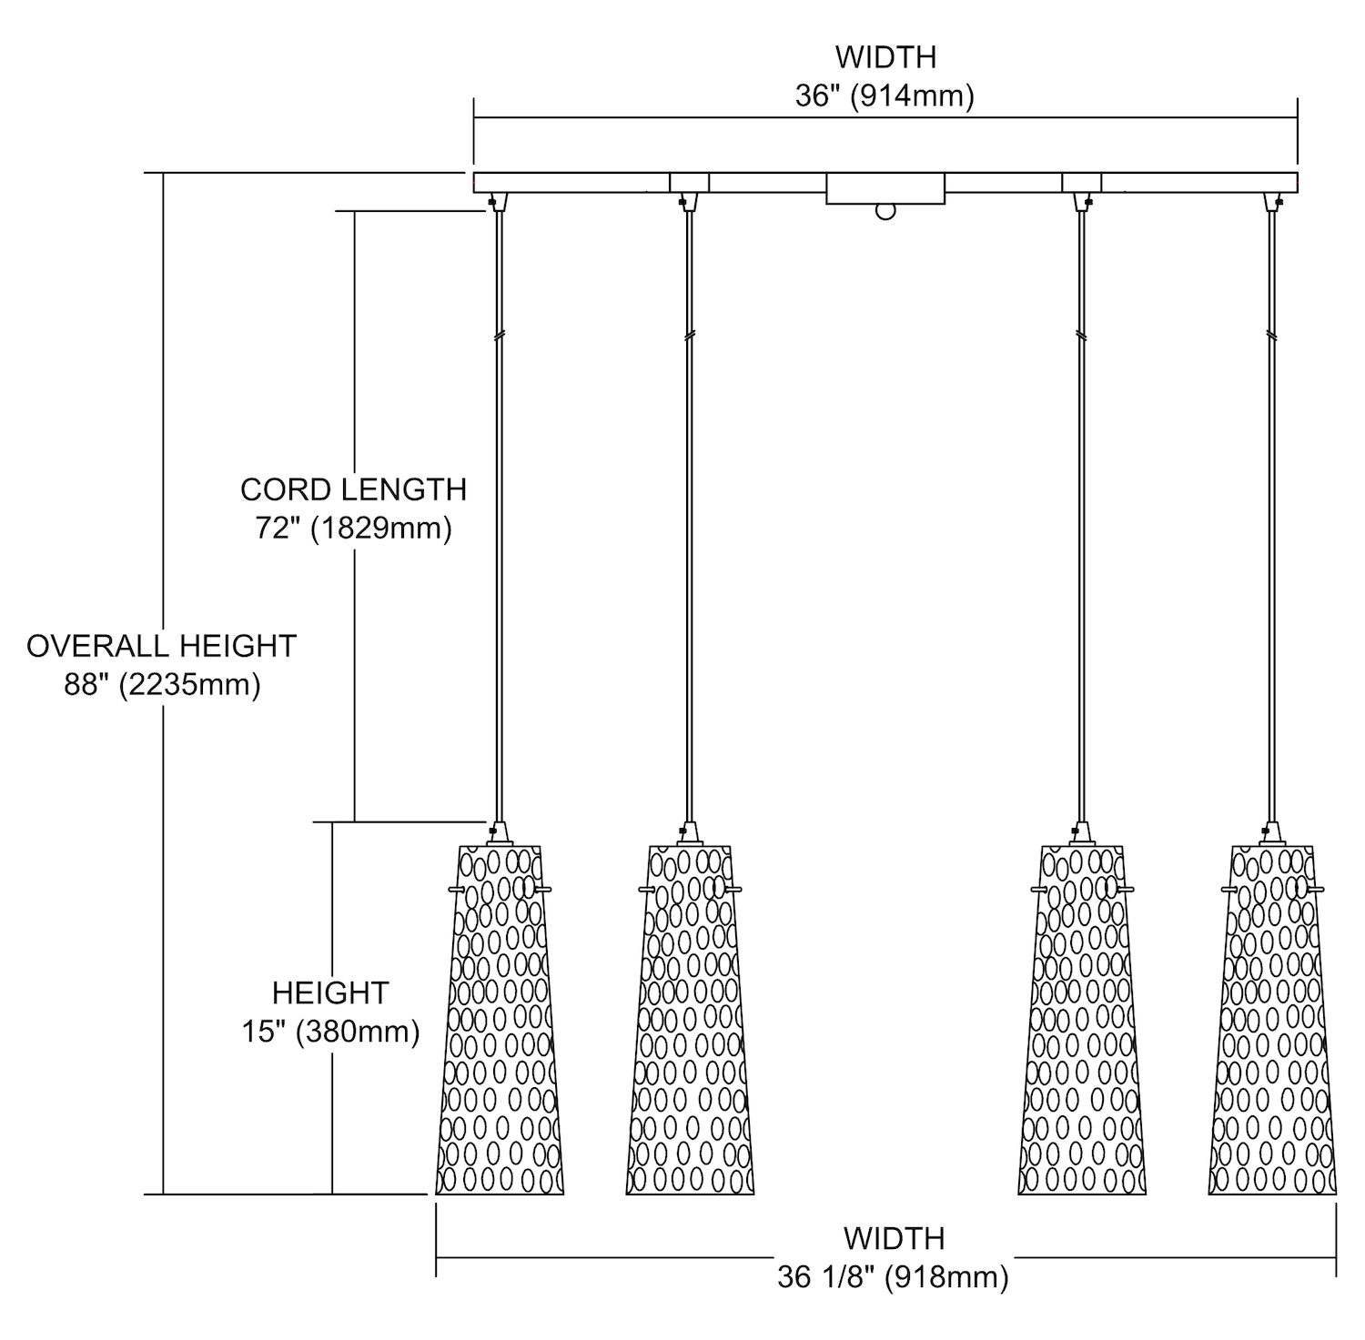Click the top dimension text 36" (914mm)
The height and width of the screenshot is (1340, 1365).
(x=885, y=96)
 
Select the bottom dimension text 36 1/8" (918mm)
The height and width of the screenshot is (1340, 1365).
(x=893, y=1277)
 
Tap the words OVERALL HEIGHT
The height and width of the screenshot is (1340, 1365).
(x=162, y=646)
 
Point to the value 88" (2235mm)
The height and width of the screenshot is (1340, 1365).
(x=162, y=684)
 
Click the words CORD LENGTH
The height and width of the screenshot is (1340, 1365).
(x=353, y=489)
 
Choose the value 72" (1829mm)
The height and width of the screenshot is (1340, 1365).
(x=353, y=529)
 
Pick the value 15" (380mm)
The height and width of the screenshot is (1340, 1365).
(x=330, y=1032)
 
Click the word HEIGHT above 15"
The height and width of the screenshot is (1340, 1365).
(x=330, y=992)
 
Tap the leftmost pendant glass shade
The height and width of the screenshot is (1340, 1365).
(x=500, y=1028)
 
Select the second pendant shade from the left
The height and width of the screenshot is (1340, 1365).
(x=690, y=1028)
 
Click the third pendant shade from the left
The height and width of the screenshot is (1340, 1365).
(x=1081, y=1028)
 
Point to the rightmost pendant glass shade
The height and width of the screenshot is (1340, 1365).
(x=1272, y=1028)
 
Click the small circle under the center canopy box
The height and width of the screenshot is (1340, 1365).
(x=885, y=212)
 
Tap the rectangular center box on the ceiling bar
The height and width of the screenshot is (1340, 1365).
(x=885, y=188)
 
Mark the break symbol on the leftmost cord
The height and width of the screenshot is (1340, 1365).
(x=498, y=336)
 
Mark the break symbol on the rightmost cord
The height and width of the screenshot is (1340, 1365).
(x=1271, y=336)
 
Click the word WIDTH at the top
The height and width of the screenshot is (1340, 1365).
(x=885, y=57)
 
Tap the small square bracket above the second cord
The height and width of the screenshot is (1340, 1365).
(x=689, y=182)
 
